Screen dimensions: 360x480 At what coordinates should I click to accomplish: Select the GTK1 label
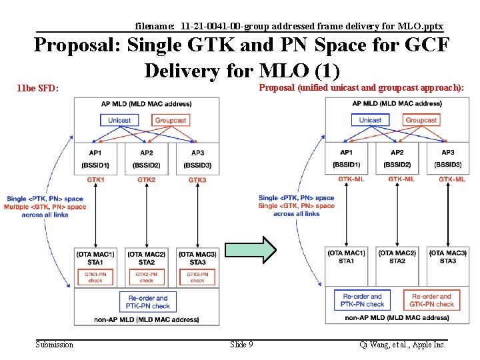click(x=95, y=180)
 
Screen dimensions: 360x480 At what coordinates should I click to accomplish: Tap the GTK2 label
click(x=146, y=180)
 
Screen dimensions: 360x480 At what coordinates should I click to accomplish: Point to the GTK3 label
click(x=197, y=180)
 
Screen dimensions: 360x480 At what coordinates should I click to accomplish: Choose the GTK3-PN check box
click(x=197, y=277)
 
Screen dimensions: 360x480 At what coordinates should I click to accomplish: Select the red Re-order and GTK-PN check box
click(x=431, y=300)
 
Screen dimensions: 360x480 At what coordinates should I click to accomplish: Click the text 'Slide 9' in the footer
click(x=241, y=345)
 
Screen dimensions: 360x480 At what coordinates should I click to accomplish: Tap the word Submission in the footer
click(x=55, y=345)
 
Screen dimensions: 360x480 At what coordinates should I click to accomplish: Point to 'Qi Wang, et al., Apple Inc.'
click(x=403, y=345)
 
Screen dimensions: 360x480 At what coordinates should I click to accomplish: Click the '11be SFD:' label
click(x=38, y=88)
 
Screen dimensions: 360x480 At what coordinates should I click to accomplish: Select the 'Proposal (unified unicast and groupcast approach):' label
click(x=361, y=88)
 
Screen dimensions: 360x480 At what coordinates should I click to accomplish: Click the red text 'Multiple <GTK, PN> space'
click(x=45, y=207)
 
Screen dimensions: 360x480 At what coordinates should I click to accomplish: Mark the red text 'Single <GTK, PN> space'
click(x=296, y=206)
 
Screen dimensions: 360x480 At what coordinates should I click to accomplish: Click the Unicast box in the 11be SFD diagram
click(x=119, y=120)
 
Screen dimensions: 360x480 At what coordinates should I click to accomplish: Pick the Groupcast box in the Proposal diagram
click(x=421, y=120)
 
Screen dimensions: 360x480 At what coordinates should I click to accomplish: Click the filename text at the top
click(x=289, y=26)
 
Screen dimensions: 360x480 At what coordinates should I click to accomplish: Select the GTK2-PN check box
click(x=147, y=277)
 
